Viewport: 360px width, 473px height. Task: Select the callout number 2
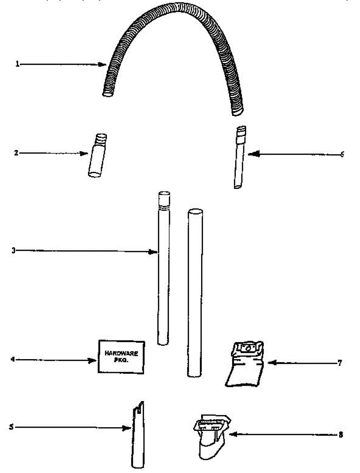click(x=16, y=153)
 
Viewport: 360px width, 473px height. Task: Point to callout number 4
click(x=13, y=359)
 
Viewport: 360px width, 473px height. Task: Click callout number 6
click(x=342, y=155)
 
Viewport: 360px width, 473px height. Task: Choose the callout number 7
click(x=339, y=363)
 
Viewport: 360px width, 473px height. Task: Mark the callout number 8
click(x=340, y=435)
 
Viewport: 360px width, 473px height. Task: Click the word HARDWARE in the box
click(x=121, y=354)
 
